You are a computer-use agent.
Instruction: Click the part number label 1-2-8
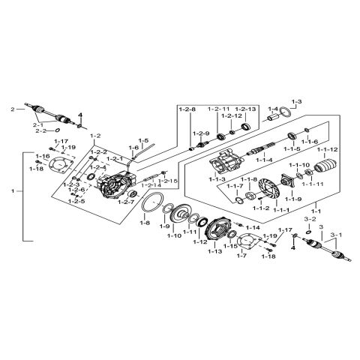(187, 109)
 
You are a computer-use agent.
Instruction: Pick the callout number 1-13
(214, 251)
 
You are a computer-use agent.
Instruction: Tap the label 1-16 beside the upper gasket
(42, 156)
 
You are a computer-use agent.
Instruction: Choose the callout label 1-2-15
(169, 181)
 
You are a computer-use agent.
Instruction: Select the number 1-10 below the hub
(173, 235)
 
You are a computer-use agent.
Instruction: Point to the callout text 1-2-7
(126, 202)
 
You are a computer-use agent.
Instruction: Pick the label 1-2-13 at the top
(247, 109)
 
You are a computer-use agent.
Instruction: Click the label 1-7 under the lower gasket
(242, 256)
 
